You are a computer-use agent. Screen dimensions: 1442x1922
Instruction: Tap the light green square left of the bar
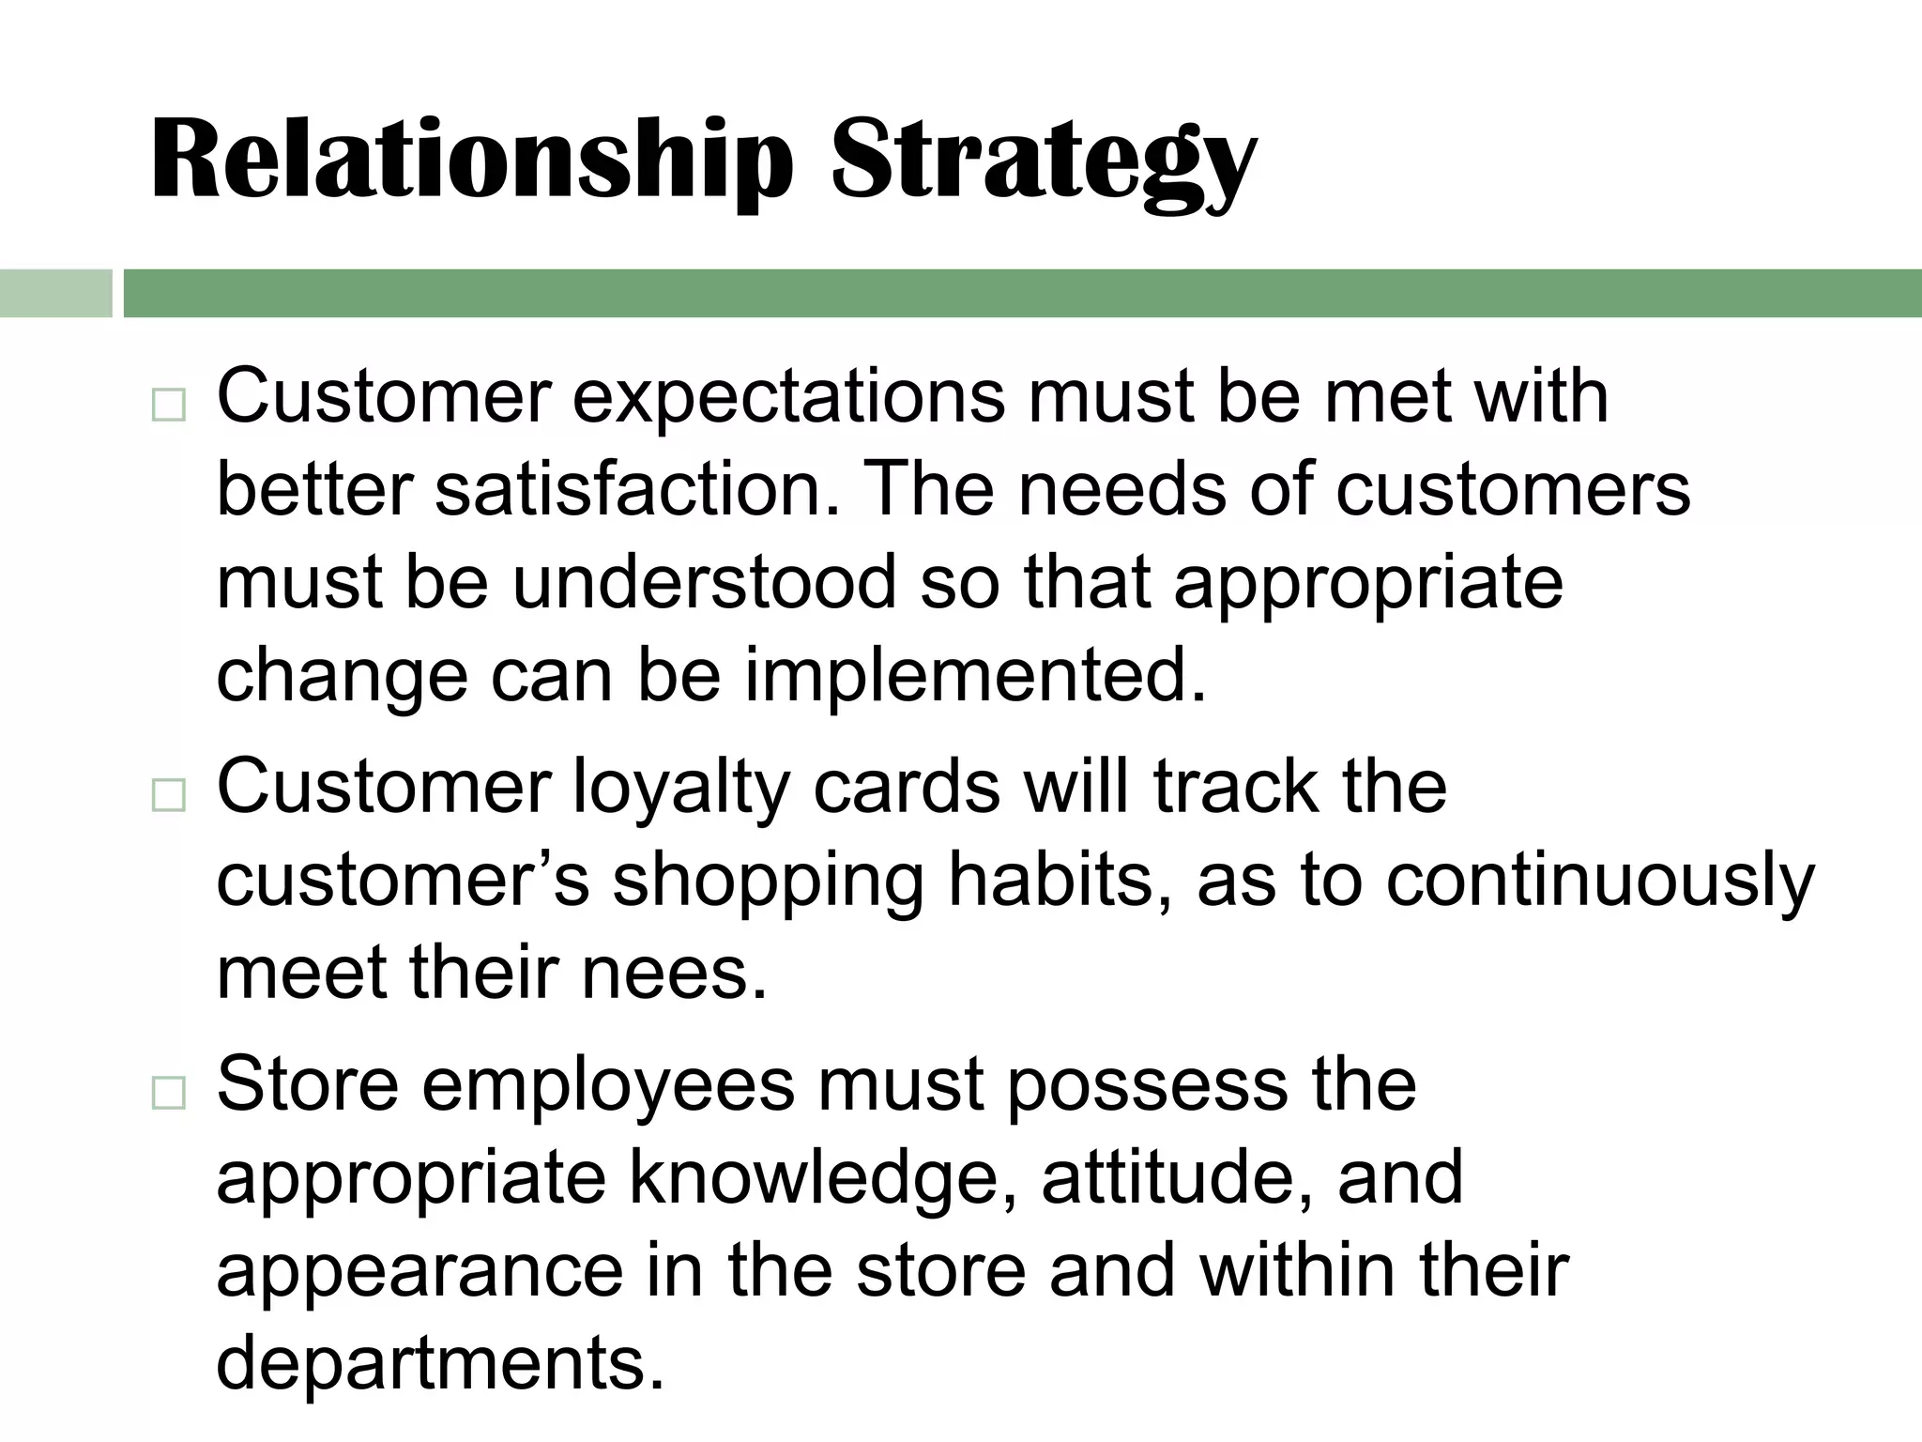pos(55,293)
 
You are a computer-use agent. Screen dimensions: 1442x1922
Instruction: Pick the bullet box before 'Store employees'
pos(168,1092)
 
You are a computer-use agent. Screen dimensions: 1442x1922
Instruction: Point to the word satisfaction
pos(629,490)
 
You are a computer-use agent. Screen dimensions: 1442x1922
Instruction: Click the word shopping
pos(769,882)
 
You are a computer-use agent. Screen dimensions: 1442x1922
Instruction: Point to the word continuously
pos(1600,882)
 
